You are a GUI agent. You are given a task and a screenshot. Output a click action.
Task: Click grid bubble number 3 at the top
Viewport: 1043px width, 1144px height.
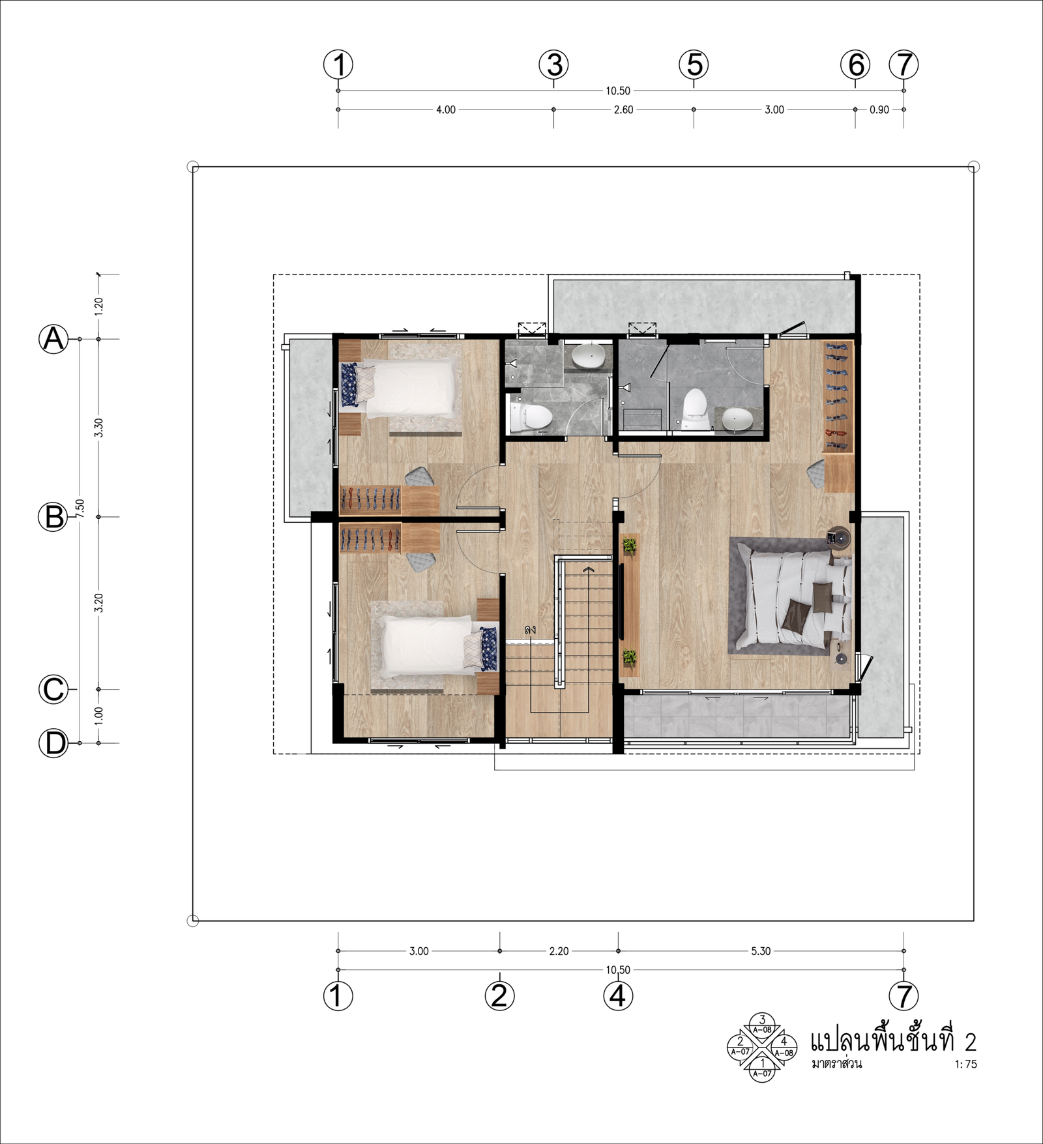[x=554, y=65]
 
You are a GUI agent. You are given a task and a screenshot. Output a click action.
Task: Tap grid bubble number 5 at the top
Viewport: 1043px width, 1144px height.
[x=694, y=65]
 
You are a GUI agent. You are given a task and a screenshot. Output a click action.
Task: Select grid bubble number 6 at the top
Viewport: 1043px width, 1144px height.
[x=855, y=65]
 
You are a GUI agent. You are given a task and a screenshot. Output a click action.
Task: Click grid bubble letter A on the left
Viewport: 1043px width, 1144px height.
[x=54, y=339]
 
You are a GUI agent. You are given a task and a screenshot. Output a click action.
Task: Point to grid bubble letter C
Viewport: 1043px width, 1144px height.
[x=54, y=689]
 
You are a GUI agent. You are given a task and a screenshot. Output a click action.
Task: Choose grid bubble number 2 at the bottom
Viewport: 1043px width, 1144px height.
[x=499, y=996]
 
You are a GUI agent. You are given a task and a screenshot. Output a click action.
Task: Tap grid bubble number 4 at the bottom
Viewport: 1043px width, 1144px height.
[x=618, y=996]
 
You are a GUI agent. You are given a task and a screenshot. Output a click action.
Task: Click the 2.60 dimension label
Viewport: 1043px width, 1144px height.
[x=623, y=110]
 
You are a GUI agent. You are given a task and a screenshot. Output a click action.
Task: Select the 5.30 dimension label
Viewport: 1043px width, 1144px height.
[x=761, y=951]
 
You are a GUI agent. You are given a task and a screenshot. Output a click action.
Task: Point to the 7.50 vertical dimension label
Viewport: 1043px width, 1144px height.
[x=80, y=508]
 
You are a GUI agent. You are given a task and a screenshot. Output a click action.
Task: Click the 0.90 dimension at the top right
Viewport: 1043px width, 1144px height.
[x=879, y=110]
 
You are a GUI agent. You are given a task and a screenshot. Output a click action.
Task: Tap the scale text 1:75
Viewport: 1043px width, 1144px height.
[x=966, y=1064]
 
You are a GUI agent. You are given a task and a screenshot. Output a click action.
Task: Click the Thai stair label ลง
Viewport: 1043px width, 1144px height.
[x=530, y=630]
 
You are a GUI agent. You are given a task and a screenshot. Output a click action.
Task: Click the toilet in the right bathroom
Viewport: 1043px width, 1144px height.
[x=696, y=409]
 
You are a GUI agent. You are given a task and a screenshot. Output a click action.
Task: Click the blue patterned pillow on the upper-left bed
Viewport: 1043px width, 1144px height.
[x=349, y=385]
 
